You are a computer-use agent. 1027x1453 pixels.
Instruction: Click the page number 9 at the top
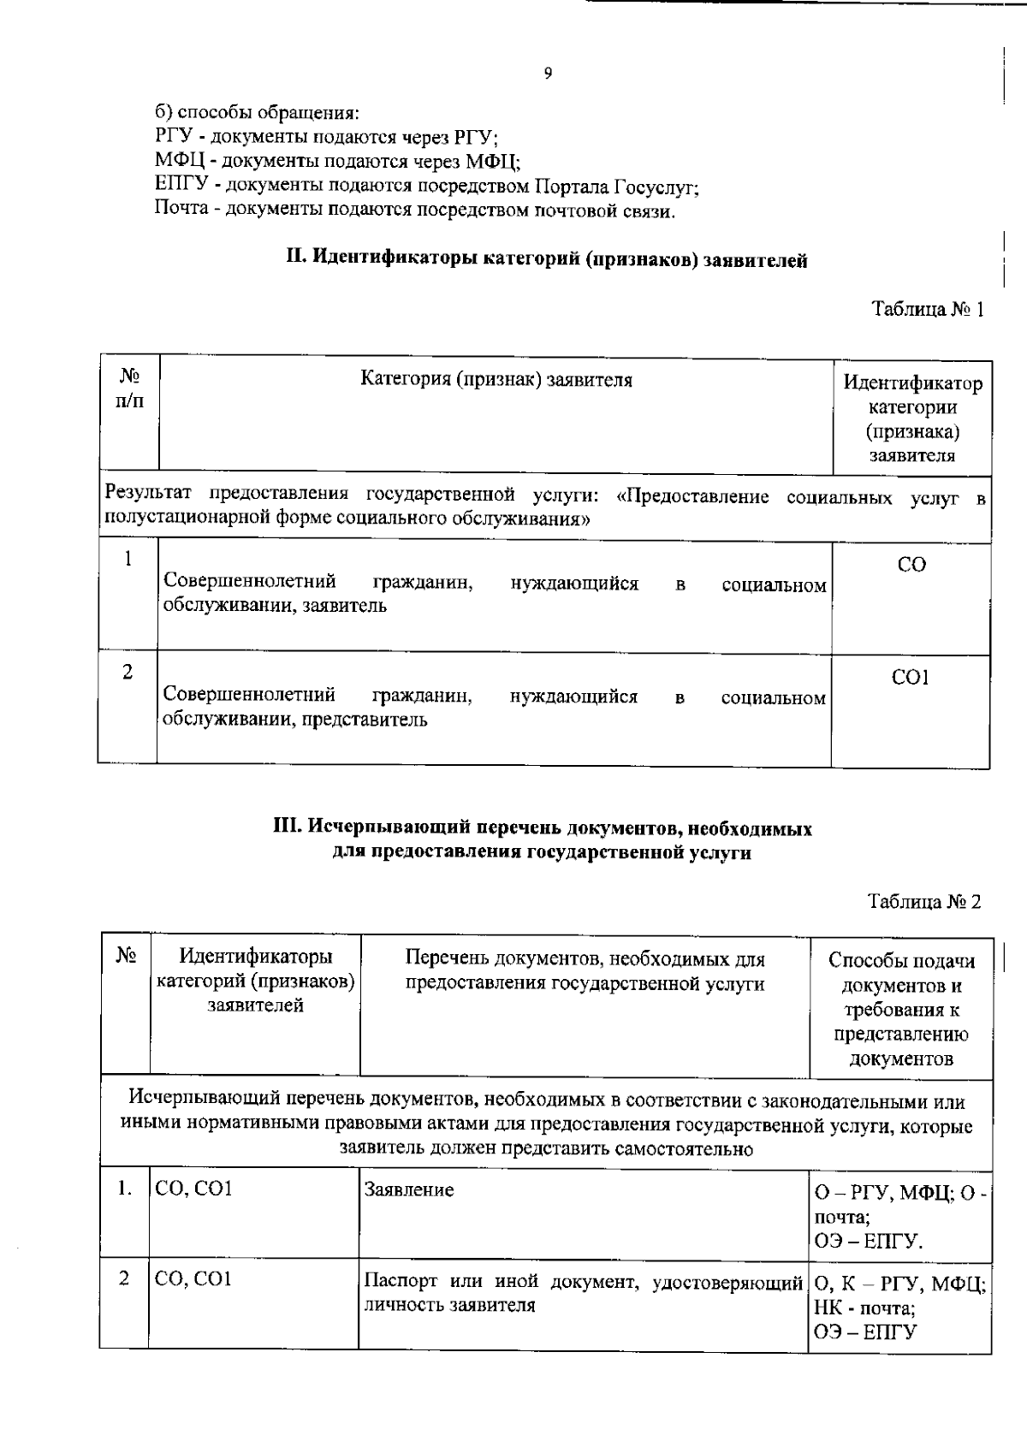click(x=548, y=74)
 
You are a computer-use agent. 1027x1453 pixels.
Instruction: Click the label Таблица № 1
click(x=928, y=310)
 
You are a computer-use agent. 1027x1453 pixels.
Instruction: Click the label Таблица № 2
click(x=924, y=902)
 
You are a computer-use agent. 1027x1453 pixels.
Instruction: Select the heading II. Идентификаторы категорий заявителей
click(x=546, y=258)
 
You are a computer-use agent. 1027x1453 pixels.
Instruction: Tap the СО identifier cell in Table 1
click(x=911, y=565)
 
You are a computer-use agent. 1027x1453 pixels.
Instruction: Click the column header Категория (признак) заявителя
click(x=496, y=380)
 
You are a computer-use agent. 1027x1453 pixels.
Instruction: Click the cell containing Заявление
click(x=409, y=1189)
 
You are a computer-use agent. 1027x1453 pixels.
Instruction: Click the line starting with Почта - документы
click(x=415, y=210)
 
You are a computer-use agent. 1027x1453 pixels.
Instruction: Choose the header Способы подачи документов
click(x=901, y=1009)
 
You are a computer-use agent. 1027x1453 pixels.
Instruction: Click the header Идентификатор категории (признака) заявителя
click(x=912, y=419)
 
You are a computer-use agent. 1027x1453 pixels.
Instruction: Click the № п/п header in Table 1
click(x=129, y=388)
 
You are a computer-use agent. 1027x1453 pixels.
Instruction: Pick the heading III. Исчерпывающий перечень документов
click(x=542, y=840)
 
